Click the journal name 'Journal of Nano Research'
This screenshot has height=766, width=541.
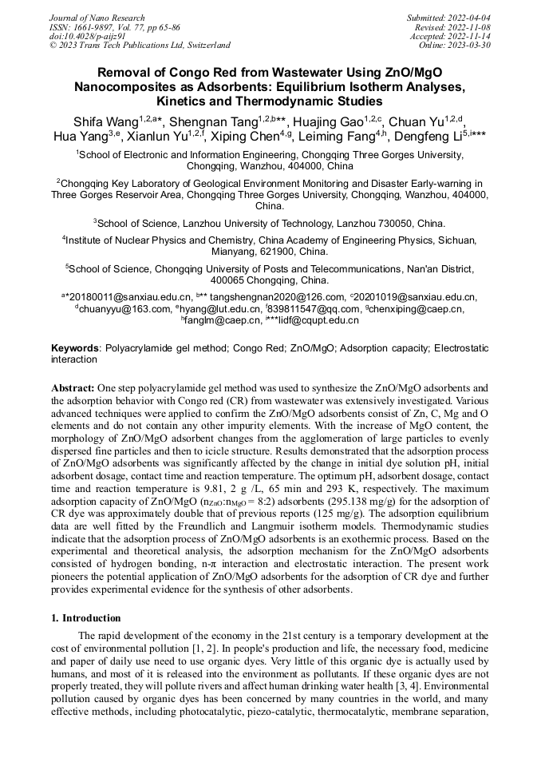(97, 18)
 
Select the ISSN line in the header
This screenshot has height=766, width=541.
(114, 27)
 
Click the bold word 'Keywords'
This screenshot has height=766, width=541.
(76, 349)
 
